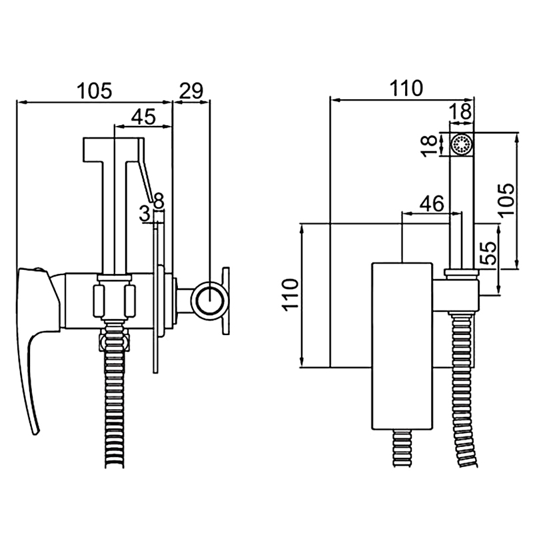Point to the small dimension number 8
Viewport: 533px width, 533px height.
point(159,199)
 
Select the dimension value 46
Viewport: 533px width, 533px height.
point(432,204)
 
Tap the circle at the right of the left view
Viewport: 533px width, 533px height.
point(209,299)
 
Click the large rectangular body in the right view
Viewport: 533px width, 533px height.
point(403,346)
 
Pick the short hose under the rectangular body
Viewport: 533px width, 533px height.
point(404,446)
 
